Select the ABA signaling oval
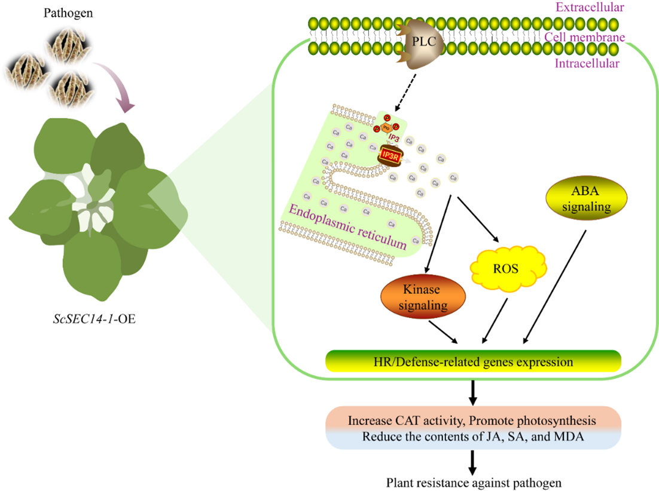585,201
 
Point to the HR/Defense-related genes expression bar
472,362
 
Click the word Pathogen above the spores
69,13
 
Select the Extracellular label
589,7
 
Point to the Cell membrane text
584,38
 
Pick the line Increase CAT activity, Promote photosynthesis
472,421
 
